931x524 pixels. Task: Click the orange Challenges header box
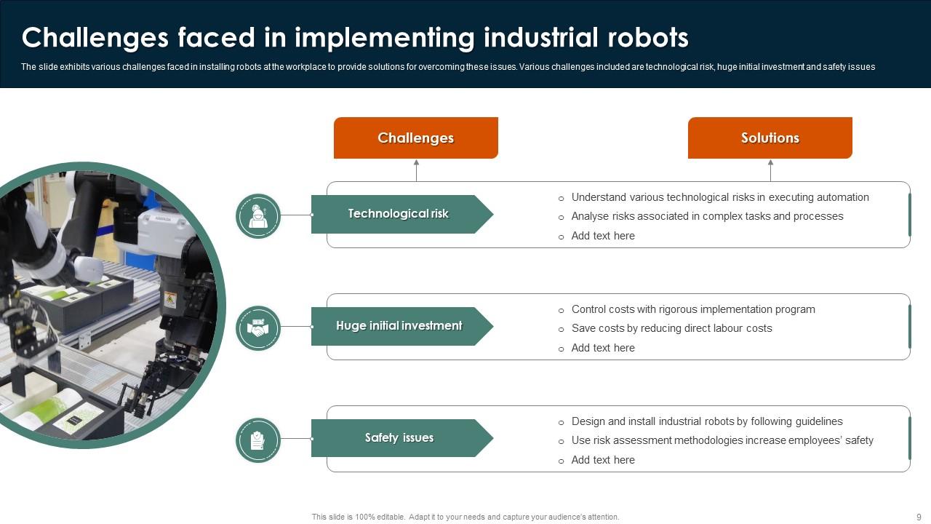click(x=415, y=138)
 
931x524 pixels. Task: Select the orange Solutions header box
click(x=770, y=138)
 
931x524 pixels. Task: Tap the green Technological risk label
click(x=398, y=214)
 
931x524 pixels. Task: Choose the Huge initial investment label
click(x=399, y=326)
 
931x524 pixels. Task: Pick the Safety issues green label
click(x=399, y=438)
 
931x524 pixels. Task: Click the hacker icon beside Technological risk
click(x=258, y=215)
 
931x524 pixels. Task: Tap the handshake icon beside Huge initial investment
click(x=258, y=327)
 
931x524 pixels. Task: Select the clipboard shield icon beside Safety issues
click(x=258, y=440)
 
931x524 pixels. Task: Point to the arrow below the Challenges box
click(x=416, y=170)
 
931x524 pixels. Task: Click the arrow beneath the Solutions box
click(x=770, y=170)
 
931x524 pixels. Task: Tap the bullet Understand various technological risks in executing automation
click(x=720, y=197)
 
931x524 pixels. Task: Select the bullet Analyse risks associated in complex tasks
click(x=707, y=216)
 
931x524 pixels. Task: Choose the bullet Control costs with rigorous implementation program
click(x=693, y=309)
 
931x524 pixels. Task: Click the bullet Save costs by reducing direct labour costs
click(x=671, y=328)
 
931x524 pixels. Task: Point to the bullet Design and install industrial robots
click(x=707, y=421)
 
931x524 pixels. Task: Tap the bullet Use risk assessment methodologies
click(x=722, y=440)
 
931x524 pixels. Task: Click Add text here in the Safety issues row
click(x=603, y=460)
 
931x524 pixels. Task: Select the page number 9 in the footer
click(x=919, y=517)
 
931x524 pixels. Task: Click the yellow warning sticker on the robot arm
click(x=170, y=300)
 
